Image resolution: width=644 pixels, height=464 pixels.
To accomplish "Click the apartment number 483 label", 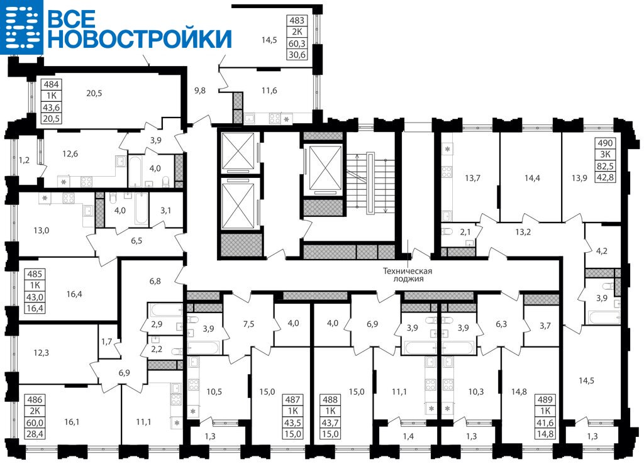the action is (x=297, y=20).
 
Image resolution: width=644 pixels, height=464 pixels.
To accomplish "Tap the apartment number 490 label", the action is (x=605, y=143).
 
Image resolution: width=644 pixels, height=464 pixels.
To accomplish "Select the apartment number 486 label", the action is (x=35, y=399).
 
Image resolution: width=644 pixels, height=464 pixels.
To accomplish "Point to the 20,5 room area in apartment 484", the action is (x=94, y=93).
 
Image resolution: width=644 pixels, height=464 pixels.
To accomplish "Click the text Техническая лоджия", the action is (x=408, y=275).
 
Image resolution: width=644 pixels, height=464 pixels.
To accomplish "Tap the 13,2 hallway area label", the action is (x=523, y=232).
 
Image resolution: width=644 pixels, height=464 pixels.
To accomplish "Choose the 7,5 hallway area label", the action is (x=248, y=324).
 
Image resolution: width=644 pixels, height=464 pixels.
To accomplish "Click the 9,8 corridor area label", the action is (x=200, y=91).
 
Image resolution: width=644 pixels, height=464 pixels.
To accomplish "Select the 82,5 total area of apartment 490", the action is (x=605, y=167).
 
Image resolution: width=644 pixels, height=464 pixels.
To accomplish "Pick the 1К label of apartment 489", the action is (x=545, y=411).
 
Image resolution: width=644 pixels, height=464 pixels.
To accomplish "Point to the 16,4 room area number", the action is (x=74, y=294).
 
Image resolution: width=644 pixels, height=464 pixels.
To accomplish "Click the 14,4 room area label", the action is (x=532, y=178).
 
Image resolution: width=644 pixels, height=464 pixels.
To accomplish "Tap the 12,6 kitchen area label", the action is (x=70, y=154).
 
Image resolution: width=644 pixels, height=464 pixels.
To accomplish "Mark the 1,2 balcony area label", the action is (x=25, y=160).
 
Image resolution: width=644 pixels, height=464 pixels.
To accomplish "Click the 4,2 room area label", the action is (x=601, y=250).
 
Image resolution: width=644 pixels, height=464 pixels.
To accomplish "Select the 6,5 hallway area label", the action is (x=136, y=241).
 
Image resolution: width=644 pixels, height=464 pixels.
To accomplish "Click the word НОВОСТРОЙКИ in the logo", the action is (x=140, y=38).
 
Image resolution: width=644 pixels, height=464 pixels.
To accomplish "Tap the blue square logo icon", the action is (x=21, y=26).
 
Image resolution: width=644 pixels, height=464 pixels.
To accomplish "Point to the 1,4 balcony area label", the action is (x=408, y=436).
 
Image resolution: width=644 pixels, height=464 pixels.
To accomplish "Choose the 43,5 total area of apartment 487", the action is (x=294, y=423).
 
